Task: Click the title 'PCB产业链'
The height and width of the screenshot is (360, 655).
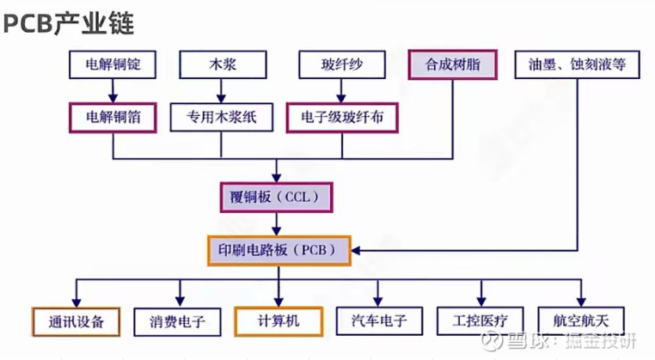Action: click(69, 22)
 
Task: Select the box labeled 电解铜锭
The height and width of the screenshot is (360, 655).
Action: click(113, 64)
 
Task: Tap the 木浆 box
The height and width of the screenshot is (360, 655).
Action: click(221, 64)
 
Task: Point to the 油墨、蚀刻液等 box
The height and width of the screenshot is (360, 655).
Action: click(577, 64)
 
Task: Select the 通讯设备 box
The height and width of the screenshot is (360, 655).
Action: click(76, 322)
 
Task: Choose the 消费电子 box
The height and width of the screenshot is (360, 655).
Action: click(175, 322)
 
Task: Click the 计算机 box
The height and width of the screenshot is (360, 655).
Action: click(279, 322)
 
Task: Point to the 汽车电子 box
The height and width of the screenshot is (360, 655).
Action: click(379, 322)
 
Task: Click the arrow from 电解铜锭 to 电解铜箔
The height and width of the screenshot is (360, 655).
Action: click(113, 89)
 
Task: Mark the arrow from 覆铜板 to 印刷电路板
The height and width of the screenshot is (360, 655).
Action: click(276, 223)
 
